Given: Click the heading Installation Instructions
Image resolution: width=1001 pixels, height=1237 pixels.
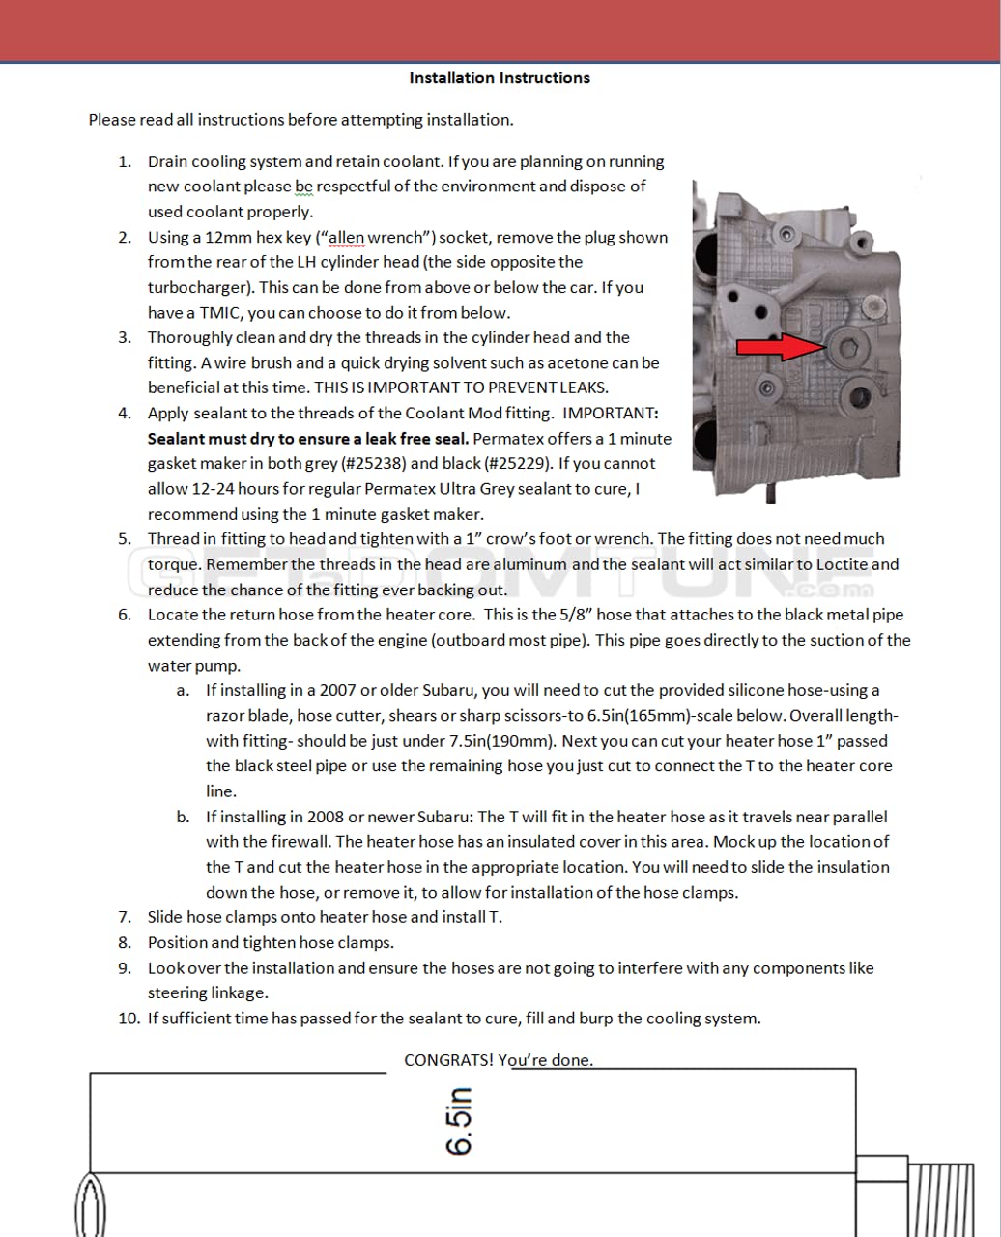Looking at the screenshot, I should [500, 78].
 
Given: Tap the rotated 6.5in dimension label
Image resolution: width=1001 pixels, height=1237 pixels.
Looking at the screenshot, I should [459, 1121].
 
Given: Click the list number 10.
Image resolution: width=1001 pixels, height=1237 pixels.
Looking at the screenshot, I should [129, 1018].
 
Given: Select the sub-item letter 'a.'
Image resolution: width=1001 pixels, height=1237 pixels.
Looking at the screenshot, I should [183, 691].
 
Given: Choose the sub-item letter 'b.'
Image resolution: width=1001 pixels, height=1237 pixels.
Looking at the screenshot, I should [183, 817].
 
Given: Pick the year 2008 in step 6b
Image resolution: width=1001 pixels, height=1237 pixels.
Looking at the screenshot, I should [327, 817].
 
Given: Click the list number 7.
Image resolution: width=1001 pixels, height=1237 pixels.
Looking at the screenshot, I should [126, 917].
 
